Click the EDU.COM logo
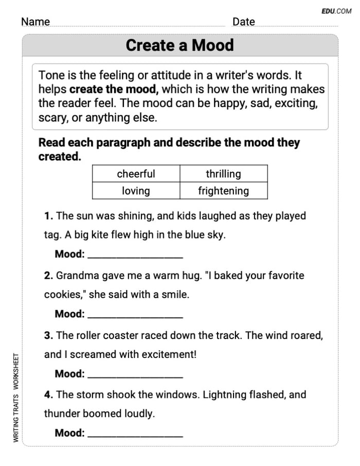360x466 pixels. click(336, 11)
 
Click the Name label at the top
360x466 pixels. click(35, 22)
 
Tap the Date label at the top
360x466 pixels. click(243, 22)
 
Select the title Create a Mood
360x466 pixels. click(179, 45)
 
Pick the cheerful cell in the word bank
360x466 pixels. click(136, 174)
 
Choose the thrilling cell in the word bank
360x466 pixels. click(223, 174)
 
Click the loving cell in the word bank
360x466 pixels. click(136, 191)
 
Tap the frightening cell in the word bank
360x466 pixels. click(223, 191)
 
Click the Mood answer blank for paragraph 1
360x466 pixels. click(135, 255)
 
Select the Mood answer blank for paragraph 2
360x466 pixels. click(135, 314)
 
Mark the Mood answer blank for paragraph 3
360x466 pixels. click(135, 374)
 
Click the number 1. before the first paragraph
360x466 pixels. click(48, 216)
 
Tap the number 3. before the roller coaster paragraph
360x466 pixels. click(49, 335)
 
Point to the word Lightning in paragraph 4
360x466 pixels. click(228, 395)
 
